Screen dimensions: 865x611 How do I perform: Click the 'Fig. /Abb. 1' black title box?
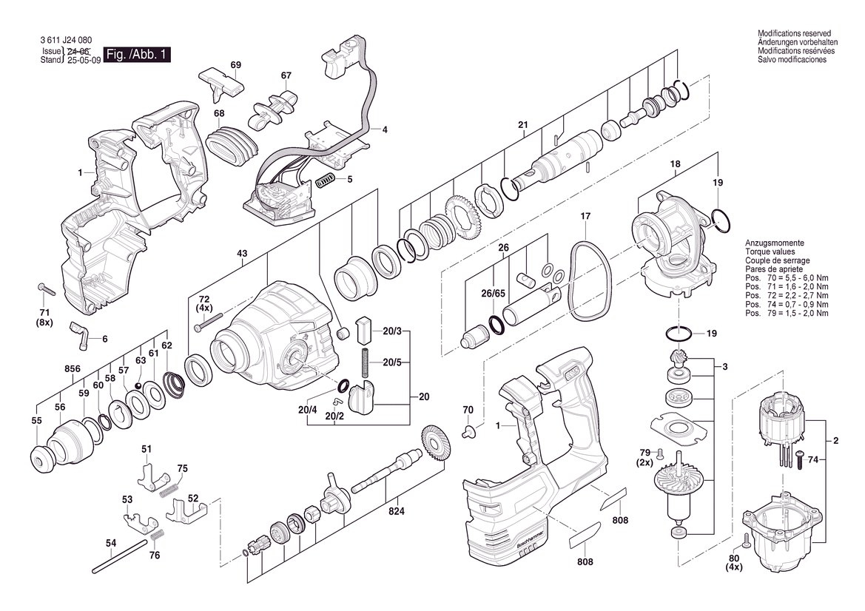coord(137,55)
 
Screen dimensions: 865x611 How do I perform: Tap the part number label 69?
coord(235,65)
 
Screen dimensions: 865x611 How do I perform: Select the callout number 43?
coord(242,254)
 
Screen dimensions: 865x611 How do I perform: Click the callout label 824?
coord(396,511)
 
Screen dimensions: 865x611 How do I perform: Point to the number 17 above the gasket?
coord(585,216)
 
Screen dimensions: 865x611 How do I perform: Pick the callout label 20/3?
coord(392,331)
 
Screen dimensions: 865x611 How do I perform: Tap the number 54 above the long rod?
coord(111,543)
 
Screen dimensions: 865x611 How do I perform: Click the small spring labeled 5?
coord(326,180)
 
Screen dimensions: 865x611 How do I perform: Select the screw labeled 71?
coord(47,288)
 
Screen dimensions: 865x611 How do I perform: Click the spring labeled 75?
coord(169,489)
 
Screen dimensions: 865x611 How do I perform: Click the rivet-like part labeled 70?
coord(469,431)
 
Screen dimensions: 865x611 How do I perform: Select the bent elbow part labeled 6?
coord(78,335)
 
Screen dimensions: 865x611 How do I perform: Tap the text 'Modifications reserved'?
coord(794,33)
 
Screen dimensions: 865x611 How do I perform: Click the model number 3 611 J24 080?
coord(66,40)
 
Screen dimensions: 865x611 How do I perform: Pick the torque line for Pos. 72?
coord(787,296)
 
